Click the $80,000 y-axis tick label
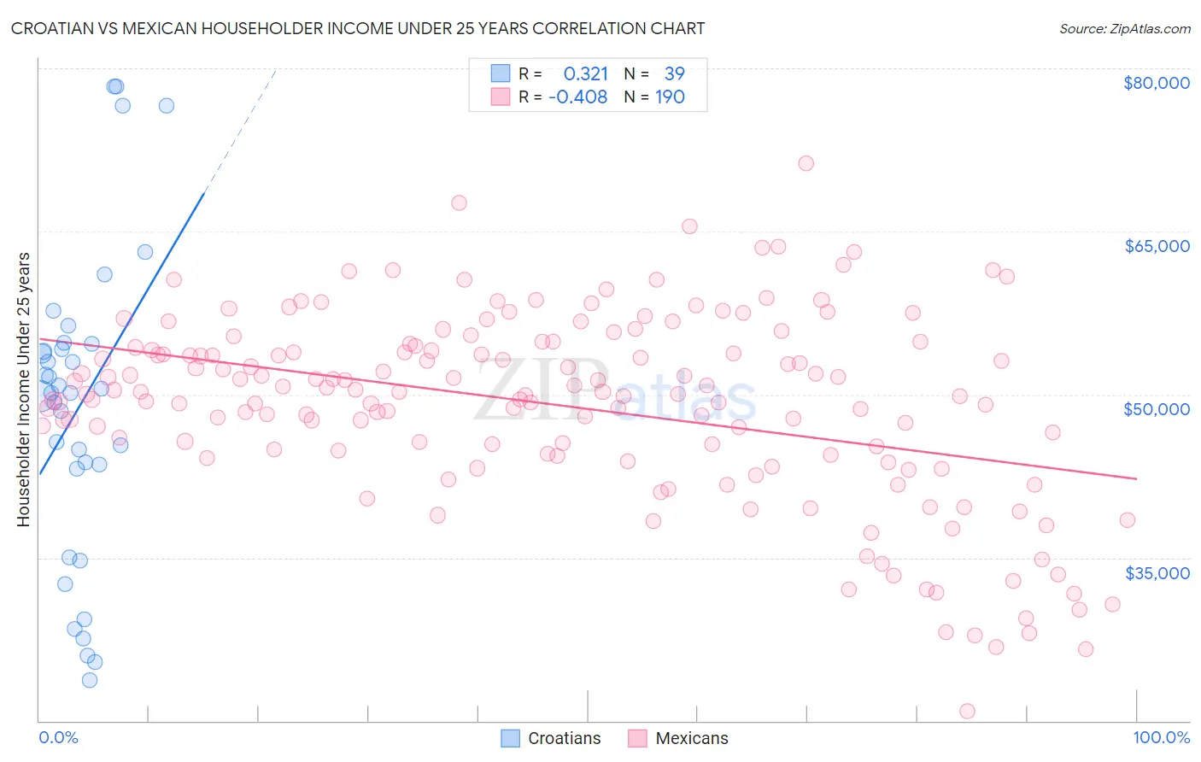[x=1156, y=83]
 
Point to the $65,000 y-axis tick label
[x=1157, y=246]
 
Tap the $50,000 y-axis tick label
[x=1156, y=409]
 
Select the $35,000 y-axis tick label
[x=1157, y=573]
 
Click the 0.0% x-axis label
[x=58, y=737]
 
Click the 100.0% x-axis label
[x=1161, y=737]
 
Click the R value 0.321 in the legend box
[x=586, y=74]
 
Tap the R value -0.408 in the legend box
[x=577, y=97]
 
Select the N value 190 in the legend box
[x=670, y=97]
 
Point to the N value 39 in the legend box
[x=674, y=74]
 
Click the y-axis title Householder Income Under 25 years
[x=24, y=389]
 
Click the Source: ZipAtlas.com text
[x=1124, y=29]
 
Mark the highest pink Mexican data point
[x=806, y=163]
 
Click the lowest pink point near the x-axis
[x=967, y=711]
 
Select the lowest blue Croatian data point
[x=90, y=680]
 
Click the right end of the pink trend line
[x=1136, y=479]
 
